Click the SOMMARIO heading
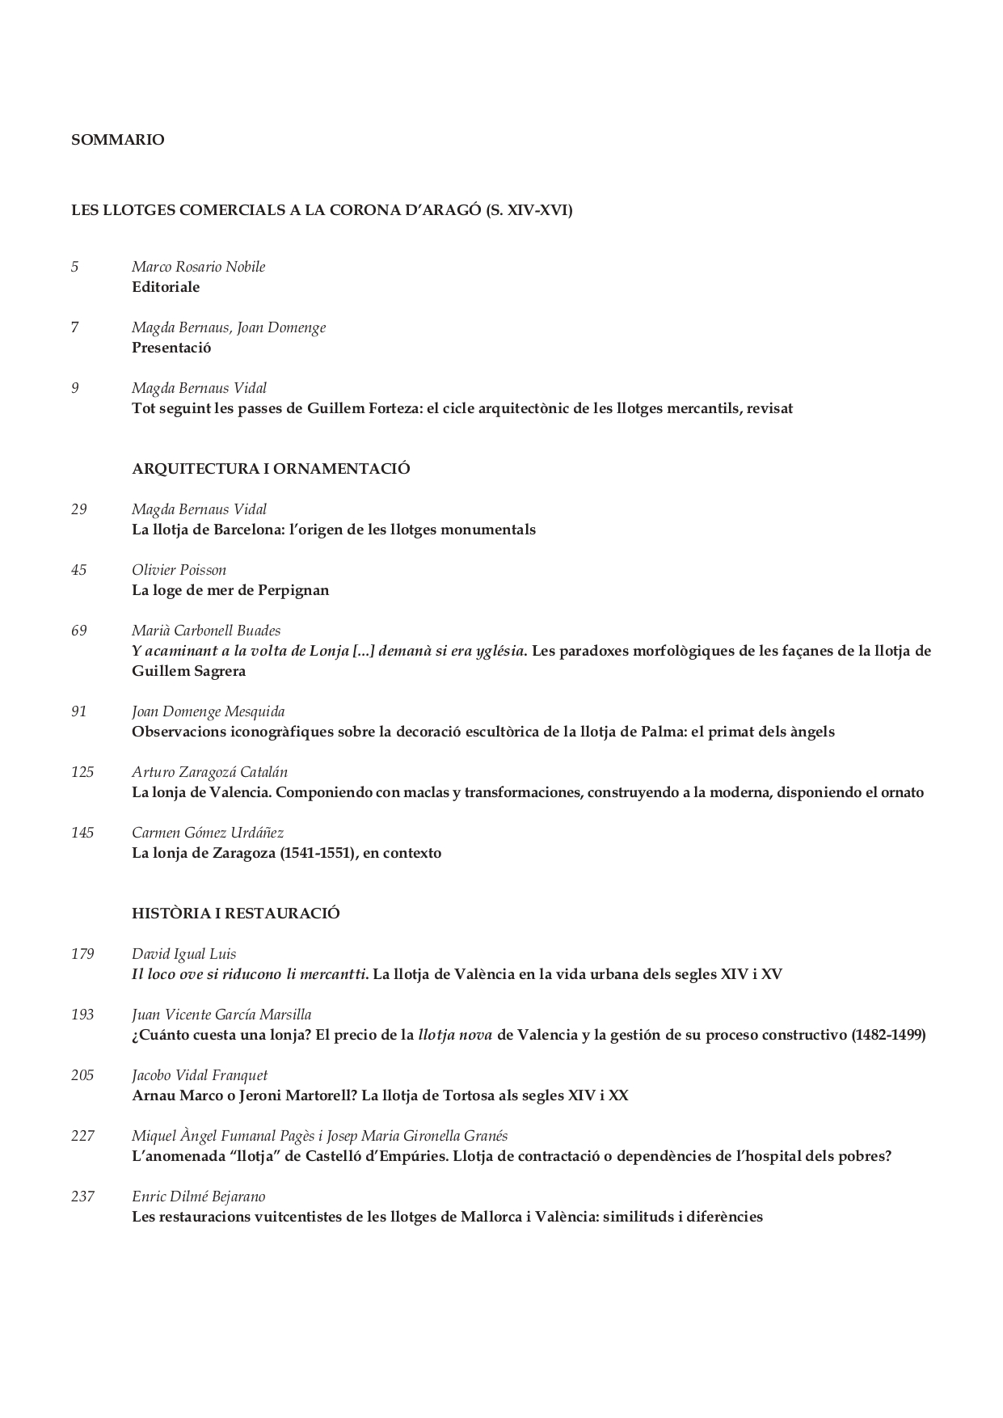tap(117, 140)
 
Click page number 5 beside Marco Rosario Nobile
tap(75, 267)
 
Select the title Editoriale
tap(166, 287)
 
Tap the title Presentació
tap(171, 348)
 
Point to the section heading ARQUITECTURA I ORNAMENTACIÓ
tap(271, 469)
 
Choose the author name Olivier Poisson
tap(179, 570)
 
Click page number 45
tap(78, 570)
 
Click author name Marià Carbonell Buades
tap(206, 631)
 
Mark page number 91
tap(78, 711)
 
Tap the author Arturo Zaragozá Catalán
tap(209, 772)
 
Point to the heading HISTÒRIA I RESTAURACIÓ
tap(235, 914)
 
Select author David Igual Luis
tap(183, 954)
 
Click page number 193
tap(82, 1015)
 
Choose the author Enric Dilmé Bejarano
tap(198, 1196)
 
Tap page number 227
tap(82, 1136)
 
